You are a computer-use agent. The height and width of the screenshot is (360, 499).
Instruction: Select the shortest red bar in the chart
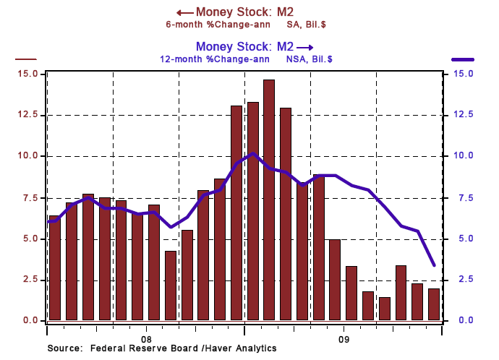tap(384, 309)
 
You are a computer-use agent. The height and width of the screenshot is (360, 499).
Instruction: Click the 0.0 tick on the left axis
tap(31, 320)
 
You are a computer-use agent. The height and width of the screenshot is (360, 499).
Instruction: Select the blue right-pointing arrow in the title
tap(305, 46)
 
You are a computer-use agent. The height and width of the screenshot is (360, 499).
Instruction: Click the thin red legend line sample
tap(26, 59)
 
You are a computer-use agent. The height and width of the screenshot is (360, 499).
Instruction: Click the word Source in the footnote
tap(66, 349)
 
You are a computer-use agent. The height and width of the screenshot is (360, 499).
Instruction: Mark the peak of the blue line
tap(252, 153)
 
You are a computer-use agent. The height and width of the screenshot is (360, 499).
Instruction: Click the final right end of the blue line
tap(433, 265)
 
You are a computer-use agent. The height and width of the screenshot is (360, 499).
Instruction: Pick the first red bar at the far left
tap(54, 267)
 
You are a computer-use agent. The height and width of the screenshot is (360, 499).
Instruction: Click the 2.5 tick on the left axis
tap(31, 279)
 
